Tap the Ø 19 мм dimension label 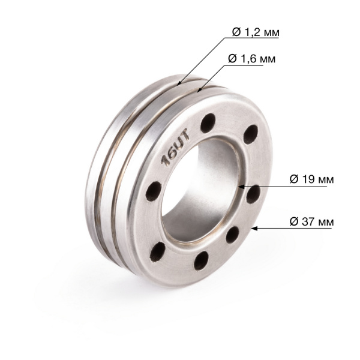click(x=311, y=179)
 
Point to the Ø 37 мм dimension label click(x=311, y=221)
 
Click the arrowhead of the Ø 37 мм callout click(x=254, y=229)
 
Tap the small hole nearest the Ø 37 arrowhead click(x=232, y=236)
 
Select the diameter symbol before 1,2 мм click(x=236, y=31)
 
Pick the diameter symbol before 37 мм click(x=294, y=221)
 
